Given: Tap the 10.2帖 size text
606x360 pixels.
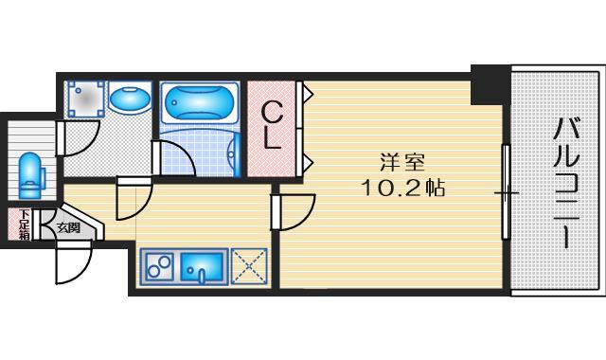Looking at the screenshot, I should [x=402, y=188].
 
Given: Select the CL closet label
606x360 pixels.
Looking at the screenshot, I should [x=272, y=124].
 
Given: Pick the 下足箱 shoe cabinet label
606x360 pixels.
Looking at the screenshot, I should [x=22, y=225].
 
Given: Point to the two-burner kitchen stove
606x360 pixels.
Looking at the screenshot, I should [x=160, y=267].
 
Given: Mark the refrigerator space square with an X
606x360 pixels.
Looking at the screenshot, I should [x=247, y=267].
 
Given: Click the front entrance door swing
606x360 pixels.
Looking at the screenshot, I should [x=72, y=261].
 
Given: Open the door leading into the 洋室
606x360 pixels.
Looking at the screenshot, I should [x=296, y=209].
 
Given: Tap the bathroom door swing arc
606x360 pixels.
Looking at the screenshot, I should [x=173, y=158].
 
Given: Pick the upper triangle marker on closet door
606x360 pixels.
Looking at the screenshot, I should [x=308, y=93].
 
